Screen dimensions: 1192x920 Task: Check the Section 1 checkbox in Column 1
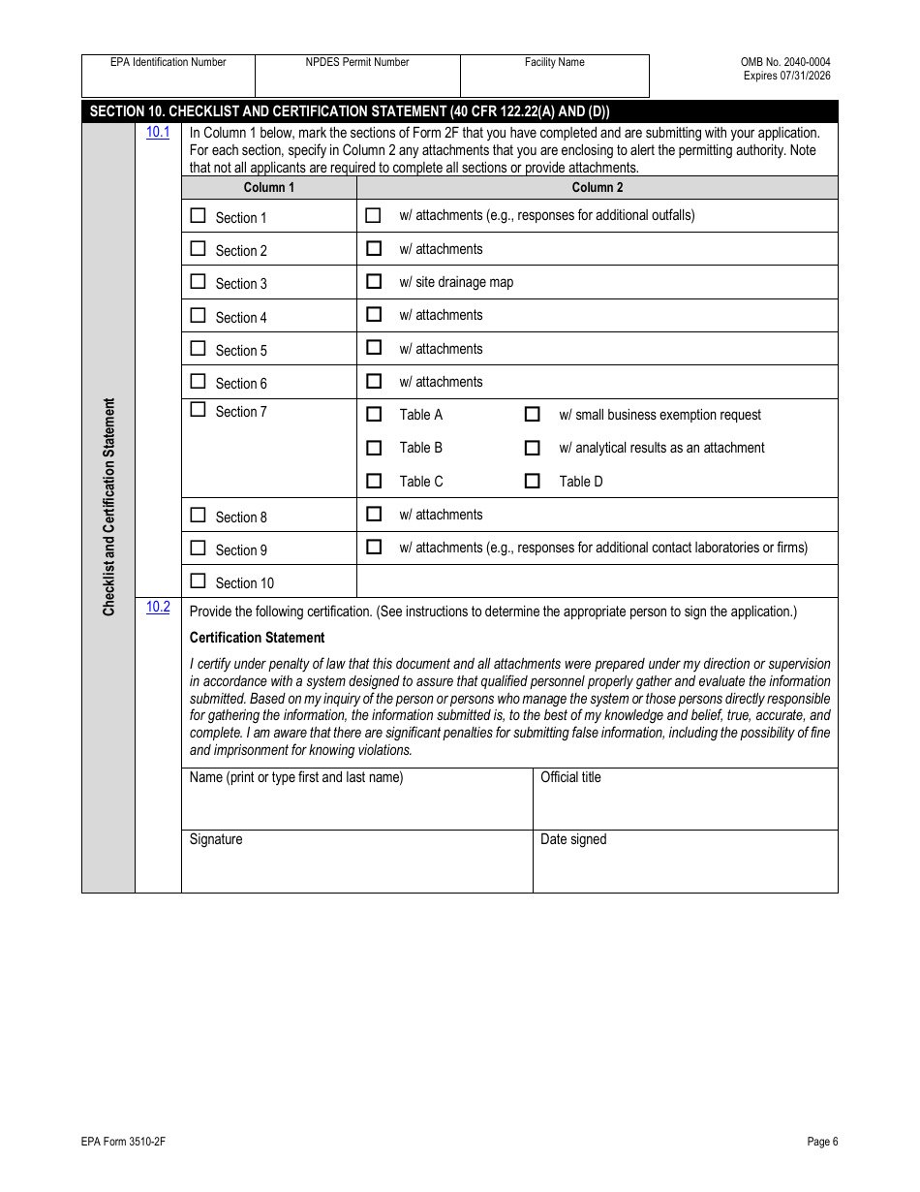coord(198,216)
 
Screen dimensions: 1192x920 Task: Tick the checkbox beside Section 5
coord(198,348)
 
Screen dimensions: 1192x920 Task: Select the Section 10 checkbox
coord(198,581)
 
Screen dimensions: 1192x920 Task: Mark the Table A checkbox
coord(373,414)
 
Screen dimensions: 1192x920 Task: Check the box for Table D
coord(532,481)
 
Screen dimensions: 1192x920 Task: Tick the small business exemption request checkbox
coord(532,414)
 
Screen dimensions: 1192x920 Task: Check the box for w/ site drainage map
coord(373,282)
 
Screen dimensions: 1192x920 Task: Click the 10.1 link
coord(158,132)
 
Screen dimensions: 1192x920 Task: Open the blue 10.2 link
coord(158,607)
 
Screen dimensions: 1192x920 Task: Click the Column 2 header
coord(597,187)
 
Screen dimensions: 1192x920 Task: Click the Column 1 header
coord(269,187)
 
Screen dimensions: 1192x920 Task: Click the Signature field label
coord(216,839)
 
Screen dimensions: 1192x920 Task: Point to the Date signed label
coord(573,839)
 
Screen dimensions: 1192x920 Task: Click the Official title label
coord(570,777)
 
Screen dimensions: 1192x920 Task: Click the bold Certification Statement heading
coord(257,638)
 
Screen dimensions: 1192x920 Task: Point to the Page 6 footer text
coord(822,1142)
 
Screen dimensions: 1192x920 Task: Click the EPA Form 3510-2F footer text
coord(123,1142)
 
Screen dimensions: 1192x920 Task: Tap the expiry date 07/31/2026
coord(800,76)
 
